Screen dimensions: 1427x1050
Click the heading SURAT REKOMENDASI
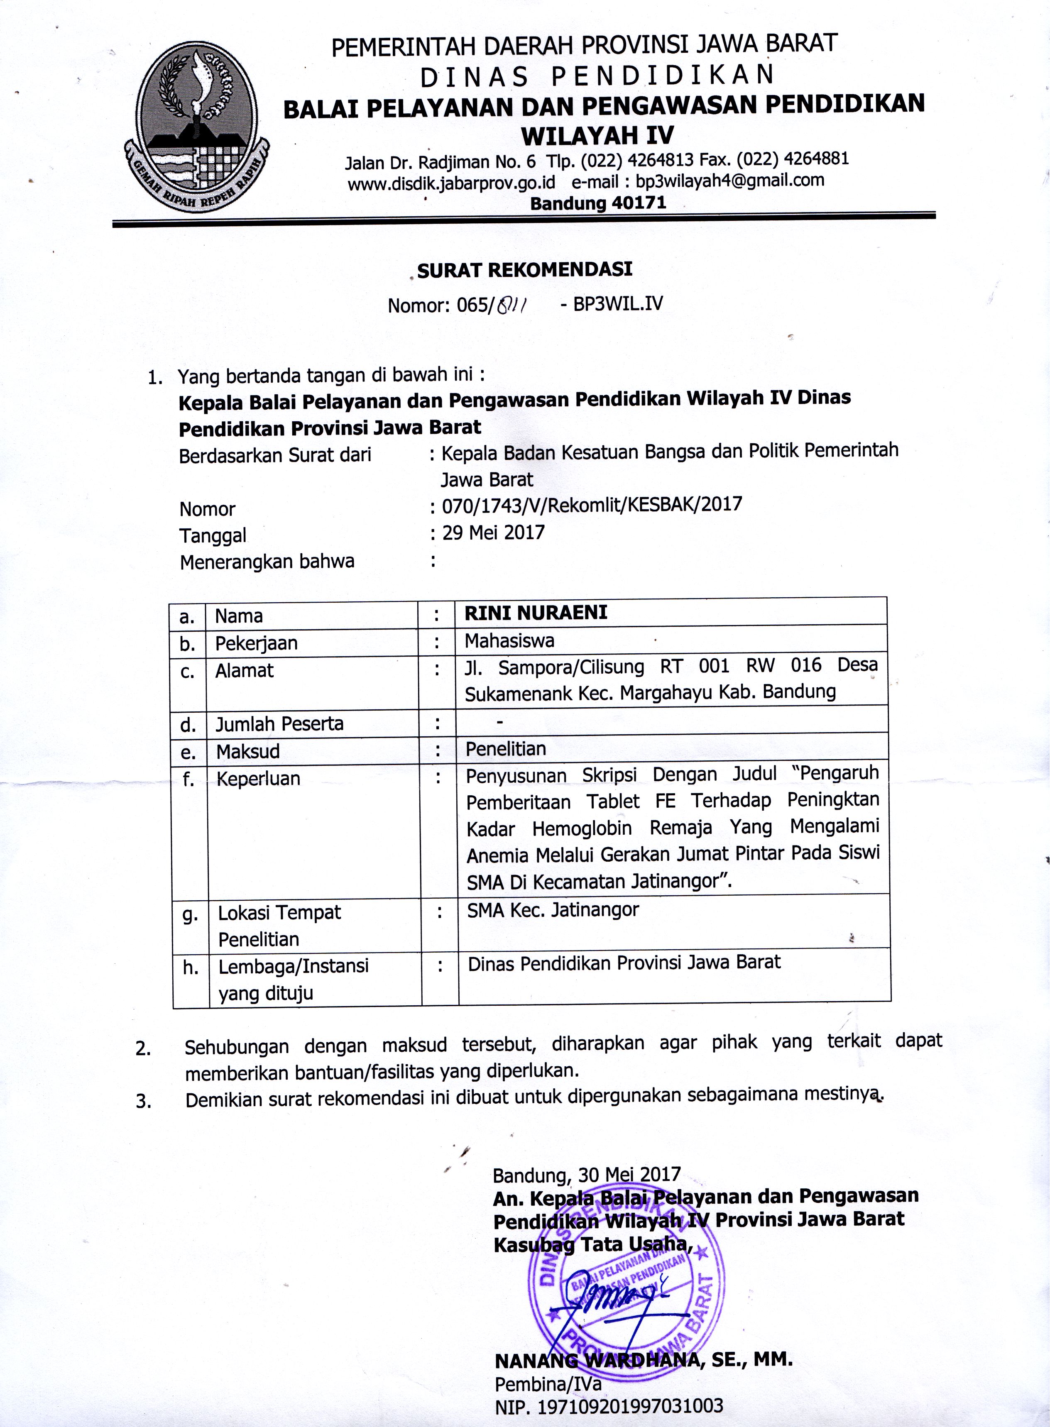click(524, 270)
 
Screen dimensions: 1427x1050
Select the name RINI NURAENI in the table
click(536, 613)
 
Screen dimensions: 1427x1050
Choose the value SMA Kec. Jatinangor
click(553, 910)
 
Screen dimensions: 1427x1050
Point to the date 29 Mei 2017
click(493, 533)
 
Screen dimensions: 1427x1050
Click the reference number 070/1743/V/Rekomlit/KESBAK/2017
click(592, 505)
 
